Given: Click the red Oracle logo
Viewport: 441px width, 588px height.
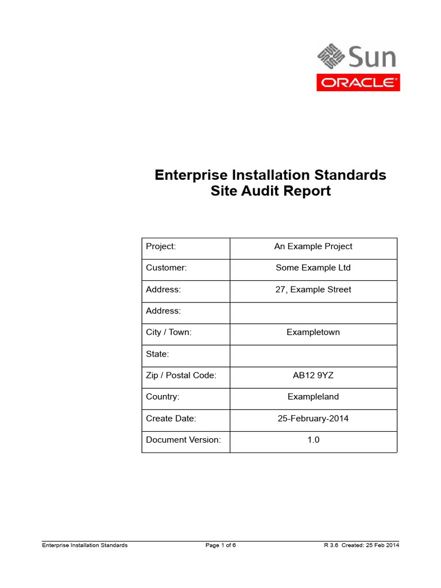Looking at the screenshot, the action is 358,83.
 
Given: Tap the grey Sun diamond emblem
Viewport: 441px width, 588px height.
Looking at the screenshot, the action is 331,56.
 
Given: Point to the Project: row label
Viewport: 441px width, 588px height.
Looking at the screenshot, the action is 161,246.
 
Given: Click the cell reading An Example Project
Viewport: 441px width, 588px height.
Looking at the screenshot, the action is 313,246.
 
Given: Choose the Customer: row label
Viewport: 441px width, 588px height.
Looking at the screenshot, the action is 166,268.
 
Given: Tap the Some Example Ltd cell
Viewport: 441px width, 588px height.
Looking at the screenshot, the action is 313,268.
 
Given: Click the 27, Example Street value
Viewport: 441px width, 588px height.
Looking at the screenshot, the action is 313,289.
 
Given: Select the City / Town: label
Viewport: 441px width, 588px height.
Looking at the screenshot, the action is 169,332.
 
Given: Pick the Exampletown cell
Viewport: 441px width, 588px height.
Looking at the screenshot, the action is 313,332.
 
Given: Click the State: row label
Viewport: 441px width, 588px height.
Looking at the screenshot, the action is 157,354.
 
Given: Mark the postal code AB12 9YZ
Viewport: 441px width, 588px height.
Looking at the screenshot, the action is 313,376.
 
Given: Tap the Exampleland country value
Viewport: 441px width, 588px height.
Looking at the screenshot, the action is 313,397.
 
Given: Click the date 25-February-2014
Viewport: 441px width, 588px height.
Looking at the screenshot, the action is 313,419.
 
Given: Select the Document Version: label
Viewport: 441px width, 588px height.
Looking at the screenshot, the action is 183,440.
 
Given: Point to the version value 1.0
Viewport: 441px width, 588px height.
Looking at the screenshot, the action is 314,440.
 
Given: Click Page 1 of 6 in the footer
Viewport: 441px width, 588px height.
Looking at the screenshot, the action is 220,546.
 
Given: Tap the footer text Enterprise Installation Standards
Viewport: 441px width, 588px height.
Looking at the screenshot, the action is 85,546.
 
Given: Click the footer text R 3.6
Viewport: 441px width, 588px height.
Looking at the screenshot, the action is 331,546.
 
